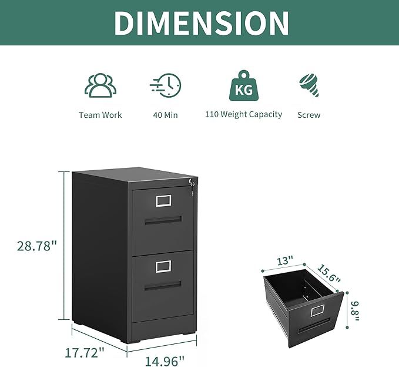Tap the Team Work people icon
(x=100, y=85)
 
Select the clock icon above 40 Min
(x=166, y=85)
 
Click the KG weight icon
(x=244, y=86)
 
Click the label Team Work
(x=100, y=115)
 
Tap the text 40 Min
(x=166, y=115)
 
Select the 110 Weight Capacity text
(x=243, y=114)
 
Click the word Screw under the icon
(x=309, y=115)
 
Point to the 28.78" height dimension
(x=36, y=246)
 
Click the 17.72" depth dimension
(x=85, y=352)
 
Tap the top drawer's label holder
(x=163, y=201)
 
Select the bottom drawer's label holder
(x=163, y=267)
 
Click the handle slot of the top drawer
(x=163, y=220)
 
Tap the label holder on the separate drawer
(x=318, y=309)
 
